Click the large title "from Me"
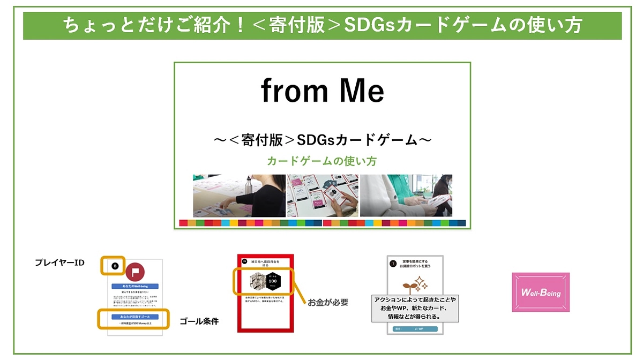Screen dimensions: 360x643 click(322, 91)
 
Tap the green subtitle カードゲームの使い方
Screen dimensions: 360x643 click(322, 161)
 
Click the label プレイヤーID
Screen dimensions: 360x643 click(59, 262)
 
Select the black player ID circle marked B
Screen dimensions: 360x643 click(114, 266)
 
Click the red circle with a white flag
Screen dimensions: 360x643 click(136, 272)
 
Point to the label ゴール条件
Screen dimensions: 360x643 click(199, 321)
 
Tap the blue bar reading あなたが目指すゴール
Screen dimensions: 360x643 click(134, 317)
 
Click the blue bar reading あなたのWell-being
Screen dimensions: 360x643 click(135, 287)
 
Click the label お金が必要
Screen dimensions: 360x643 click(328, 303)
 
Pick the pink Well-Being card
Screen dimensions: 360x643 click(540, 292)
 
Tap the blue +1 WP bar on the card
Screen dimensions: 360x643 click(415, 328)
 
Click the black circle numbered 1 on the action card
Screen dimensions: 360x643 click(393, 264)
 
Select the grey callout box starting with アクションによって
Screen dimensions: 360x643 click(416, 308)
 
